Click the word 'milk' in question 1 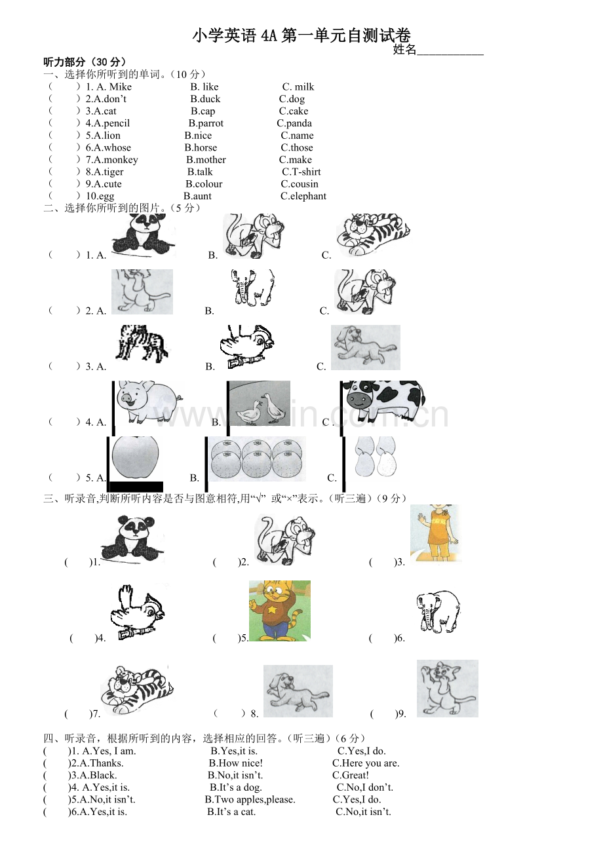click(304, 87)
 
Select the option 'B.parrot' click(206, 123)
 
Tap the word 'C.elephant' click(303, 196)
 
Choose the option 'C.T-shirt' click(301, 172)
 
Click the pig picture click(149, 402)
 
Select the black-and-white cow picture click(384, 400)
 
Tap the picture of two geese click(260, 403)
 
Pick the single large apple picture click(135, 457)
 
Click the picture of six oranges click(257, 459)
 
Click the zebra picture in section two click(142, 343)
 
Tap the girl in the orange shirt click(435, 533)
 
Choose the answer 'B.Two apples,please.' click(250, 800)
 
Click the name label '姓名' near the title click(404, 50)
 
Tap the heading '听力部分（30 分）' click(85, 62)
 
